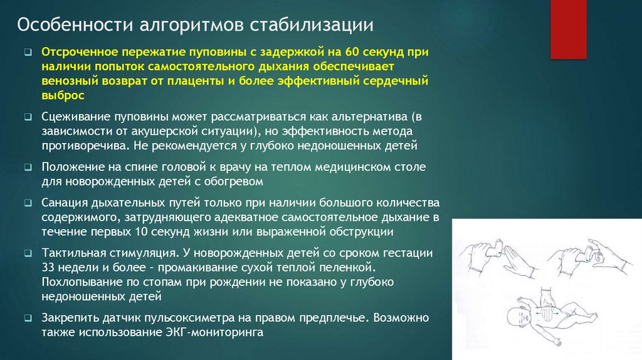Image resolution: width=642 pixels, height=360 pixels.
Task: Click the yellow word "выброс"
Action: (62, 95)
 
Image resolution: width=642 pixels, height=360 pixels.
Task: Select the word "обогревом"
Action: (238, 181)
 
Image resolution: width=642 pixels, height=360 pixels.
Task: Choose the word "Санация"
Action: (63, 204)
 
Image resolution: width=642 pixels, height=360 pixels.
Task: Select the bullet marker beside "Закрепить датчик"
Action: (29, 319)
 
